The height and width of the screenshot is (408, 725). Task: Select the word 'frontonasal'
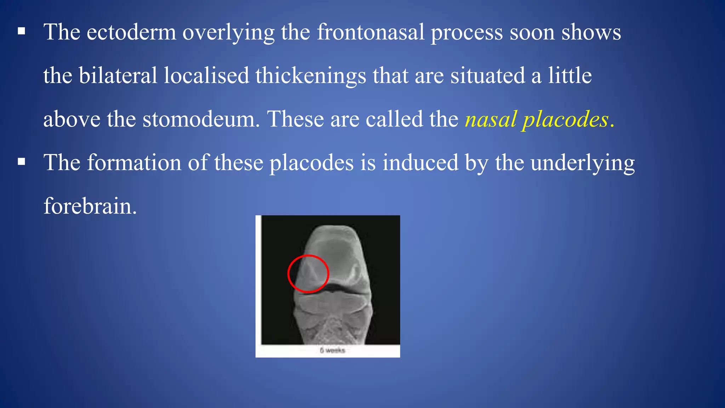(x=370, y=33)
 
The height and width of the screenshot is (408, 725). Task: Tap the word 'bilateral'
(x=118, y=76)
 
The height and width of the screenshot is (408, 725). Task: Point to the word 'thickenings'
(x=310, y=76)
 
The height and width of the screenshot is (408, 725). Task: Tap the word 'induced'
(x=420, y=163)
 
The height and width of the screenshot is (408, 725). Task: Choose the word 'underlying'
(x=582, y=164)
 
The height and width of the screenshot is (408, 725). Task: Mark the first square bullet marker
(x=22, y=32)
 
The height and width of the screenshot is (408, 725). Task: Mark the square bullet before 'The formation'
(x=22, y=162)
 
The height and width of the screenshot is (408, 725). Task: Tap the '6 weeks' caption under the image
(x=332, y=351)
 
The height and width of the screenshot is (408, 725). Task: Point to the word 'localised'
(x=206, y=76)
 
